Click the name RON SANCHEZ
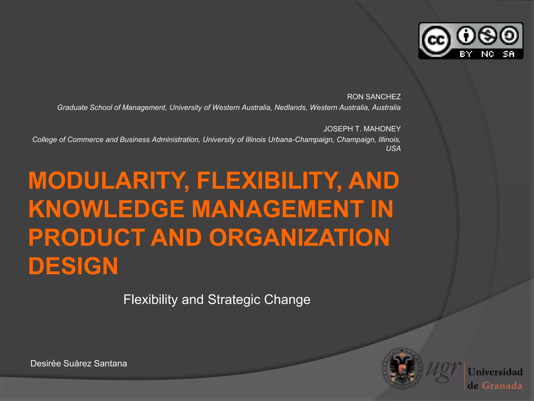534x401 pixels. [374, 97]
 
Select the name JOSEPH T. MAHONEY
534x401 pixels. [362, 129]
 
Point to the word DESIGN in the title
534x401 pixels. [73, 266]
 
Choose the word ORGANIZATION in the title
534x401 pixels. [299, 238]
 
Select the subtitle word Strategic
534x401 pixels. [234, 300]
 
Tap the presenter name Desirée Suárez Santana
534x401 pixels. [78, 364]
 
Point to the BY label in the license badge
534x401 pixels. [466, 54]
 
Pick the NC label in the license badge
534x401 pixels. [487, 54]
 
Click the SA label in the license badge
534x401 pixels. [508, 54]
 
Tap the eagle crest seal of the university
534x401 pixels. [402, 368]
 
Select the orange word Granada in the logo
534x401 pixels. [502, 386]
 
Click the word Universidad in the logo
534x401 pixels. [495, 372]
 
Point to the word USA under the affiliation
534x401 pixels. [393, 149]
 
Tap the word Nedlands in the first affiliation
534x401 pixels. [290, 108]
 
